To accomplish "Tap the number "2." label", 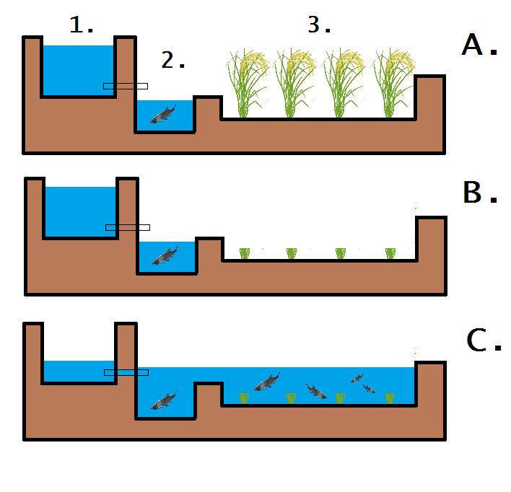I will [x=173, y=61].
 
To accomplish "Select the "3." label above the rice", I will [x=318, y=25].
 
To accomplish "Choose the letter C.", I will [x=483, y=340].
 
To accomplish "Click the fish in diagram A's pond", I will [x=164, y=114].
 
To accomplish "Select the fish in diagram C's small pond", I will [x=164, y=400].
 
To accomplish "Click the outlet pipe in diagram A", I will [x=126, y=86].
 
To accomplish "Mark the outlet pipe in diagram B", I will [x=128, y=227].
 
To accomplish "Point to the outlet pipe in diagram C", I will [x=126, y=372].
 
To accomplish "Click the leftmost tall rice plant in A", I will [x=245, y=83].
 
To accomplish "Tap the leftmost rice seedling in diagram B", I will [x=244, y=253].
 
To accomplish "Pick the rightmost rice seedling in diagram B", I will [x=390, y=253].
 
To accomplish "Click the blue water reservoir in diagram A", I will [x=78, y=70].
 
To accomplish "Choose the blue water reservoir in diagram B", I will [x=80, y=211].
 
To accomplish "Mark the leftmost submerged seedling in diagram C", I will [x=244, y=398].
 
